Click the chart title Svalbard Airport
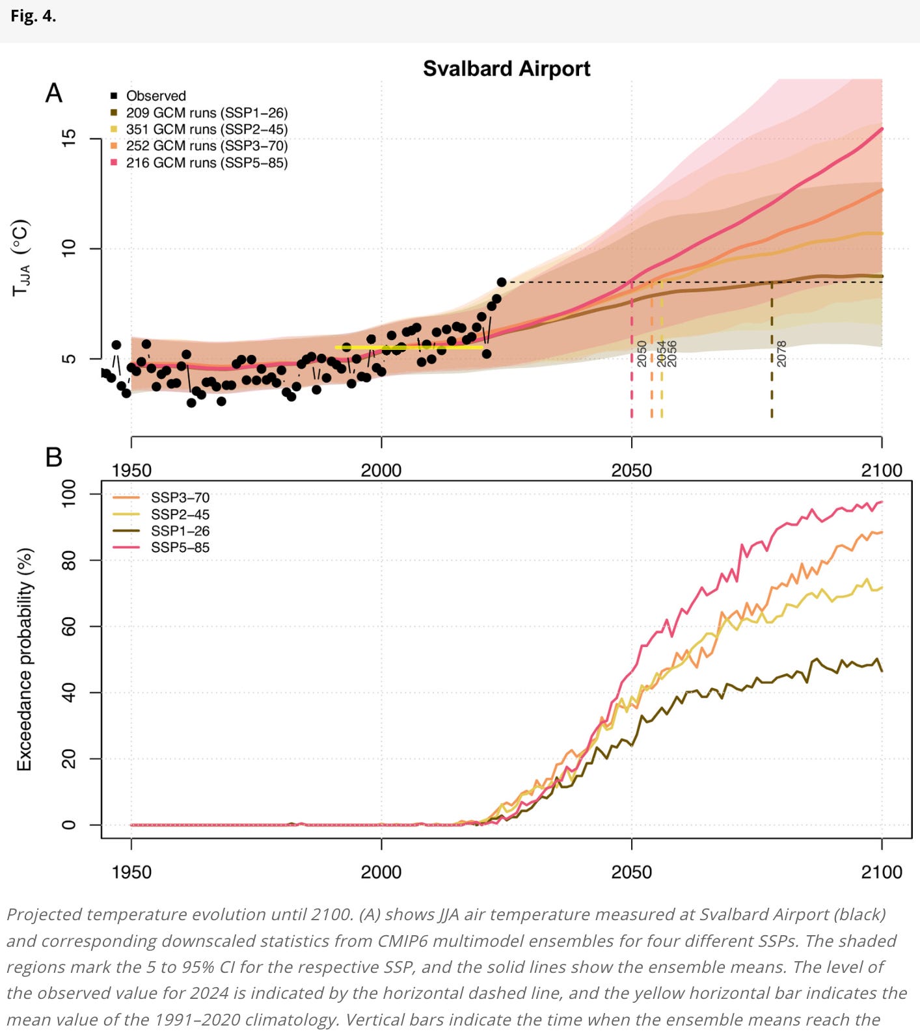pyautogui.click(x=506, y=69)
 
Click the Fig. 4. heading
pyautogui.click(x=33, y=17)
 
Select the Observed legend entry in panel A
pyautogui.click(x=156, y=96)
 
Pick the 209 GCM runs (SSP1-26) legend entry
pyautogui.click(x=206, y=113)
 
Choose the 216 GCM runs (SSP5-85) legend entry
pyautogui.click(x=206, y=163)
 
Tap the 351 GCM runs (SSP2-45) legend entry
pyautogui.click(x=206, y=129)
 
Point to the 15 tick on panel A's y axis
pyautogui.click(x=69, y=138)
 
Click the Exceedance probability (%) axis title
pyautogui.click(x=25, y=659)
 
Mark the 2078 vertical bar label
pyautogui.click(x=781, y=354)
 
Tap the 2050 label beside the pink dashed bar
pyautogui.click(x=642, y=354)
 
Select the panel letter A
pyautogui.click(x=54, y=94)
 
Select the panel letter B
pyautogui.click(x=54, y=457)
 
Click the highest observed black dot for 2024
pyautogui.click(x=502, y=282)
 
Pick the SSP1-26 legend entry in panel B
pyautogui.click(x=180, y=531)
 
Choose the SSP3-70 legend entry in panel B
pyautogui.click(x=180, y=497)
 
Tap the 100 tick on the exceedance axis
pyautogui.click(x=69, y=494)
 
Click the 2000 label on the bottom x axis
pyautogui.click(x=381, y=871)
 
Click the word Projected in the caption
pyautogui.click(x=44, y=914)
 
